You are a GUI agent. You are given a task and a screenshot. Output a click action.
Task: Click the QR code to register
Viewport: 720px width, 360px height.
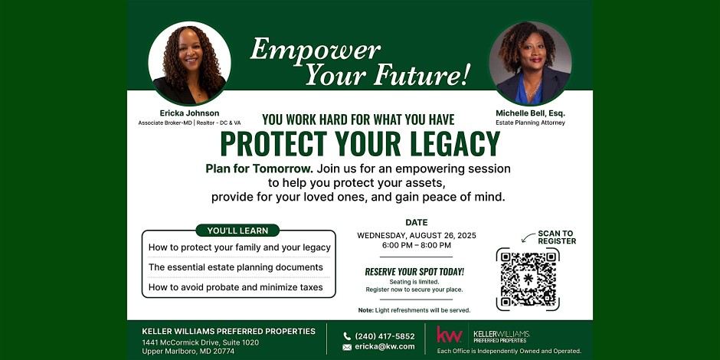(528, 279)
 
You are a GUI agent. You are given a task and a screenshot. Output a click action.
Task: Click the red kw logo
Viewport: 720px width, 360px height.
(449, 335)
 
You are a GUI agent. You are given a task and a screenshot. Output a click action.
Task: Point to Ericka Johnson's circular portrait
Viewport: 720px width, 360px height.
(189, 64)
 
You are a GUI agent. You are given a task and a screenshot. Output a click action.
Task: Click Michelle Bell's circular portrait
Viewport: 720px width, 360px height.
(530, 64)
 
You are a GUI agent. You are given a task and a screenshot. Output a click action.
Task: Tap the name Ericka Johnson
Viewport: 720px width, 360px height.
(189, 113)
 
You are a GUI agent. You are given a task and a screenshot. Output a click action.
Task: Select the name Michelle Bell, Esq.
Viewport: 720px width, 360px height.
(530, 113)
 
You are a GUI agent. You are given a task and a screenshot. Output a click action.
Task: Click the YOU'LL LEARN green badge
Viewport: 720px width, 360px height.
(237, 231)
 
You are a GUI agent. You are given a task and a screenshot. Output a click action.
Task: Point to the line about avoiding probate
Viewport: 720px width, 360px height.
(236, 287)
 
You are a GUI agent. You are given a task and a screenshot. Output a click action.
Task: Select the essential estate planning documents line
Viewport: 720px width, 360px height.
(236, 267)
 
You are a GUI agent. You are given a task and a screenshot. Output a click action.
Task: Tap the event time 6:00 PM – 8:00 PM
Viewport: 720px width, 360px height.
(417, 245)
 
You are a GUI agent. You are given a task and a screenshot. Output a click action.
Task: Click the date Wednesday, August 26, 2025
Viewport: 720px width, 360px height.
(417, 236)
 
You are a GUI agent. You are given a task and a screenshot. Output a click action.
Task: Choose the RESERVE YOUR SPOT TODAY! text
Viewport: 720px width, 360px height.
(414, 272)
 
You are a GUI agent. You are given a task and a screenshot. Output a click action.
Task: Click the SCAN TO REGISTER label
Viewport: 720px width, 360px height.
(557, 237)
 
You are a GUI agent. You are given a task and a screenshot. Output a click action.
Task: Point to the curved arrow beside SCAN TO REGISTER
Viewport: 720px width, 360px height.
(528, 237)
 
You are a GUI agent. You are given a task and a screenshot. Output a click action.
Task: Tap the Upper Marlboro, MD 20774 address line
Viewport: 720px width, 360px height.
(188, 352)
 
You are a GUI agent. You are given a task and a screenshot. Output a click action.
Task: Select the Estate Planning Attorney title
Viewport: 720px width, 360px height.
(530, 123)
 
